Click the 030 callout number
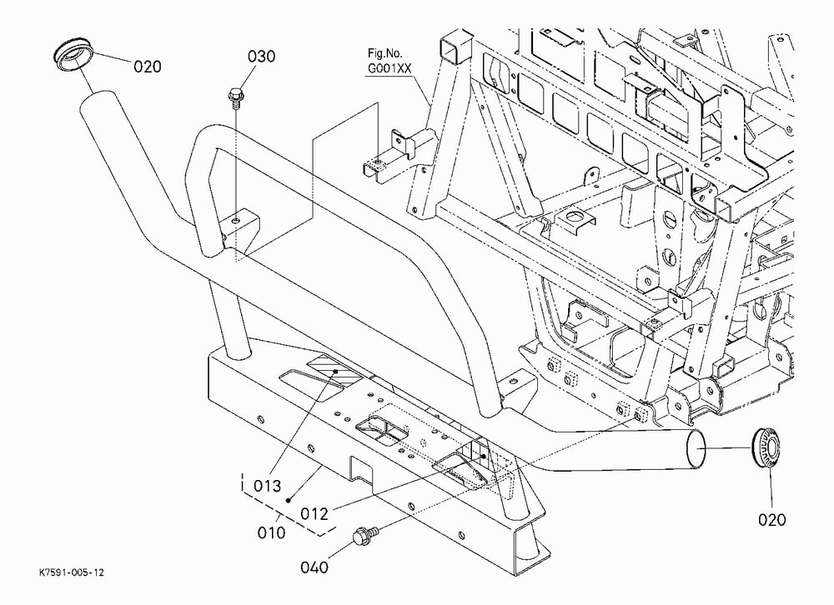click(261, 56)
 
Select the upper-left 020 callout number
click(147, 67)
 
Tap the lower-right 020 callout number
click(771, 519)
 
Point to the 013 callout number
click(267, 485)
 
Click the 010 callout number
click(271, 532)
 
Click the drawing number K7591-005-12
click(72, 572)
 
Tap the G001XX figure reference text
click(389, 68)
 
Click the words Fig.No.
click(385, 53)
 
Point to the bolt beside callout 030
click(234, 97)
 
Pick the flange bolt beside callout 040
click(365, 533)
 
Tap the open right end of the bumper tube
click(696, 449)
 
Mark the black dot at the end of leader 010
click(289, 500)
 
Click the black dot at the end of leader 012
click(483, 456)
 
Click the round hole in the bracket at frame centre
click(575, 217)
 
